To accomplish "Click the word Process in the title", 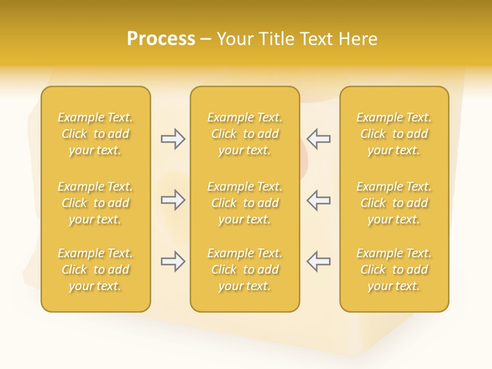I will tap(161, 39).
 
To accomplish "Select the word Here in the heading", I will tap(357, 39).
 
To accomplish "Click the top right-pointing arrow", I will tap(173, 139).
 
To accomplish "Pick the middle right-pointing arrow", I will tap(173, 200).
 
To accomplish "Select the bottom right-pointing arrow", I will tap(173, 262).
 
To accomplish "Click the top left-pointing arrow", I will tap(318, 139).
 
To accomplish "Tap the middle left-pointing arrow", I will tap(318, 200).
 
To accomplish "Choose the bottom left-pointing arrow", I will tap(318, 262).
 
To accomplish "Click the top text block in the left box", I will tap(95, 134).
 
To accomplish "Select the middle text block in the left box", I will tap(95, 203).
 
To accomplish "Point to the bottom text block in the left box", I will tap(95, 270).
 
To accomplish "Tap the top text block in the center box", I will tap(245, 134).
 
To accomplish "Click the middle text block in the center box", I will tap(245, 203).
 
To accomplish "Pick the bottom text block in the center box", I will tap(245, 270).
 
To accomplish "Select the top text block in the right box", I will tap(394, 134).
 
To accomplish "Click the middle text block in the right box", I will tap(394, 203).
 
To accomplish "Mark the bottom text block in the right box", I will tap(394, 270).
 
